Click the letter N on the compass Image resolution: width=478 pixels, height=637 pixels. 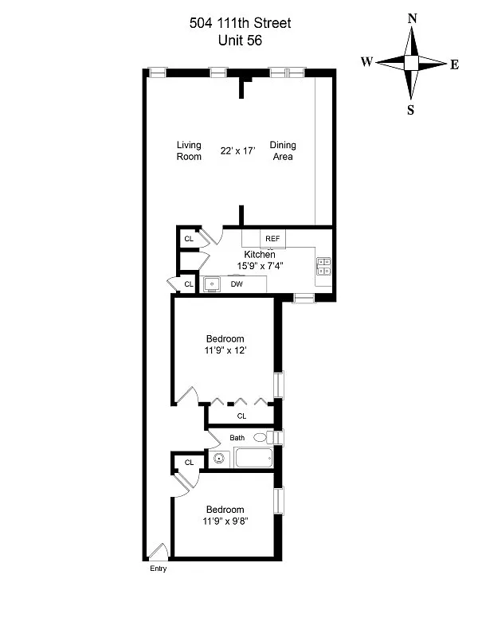pyautogui.click(x=412, y=18)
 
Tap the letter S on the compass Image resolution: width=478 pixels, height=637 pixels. pyautogui.click(x=410, y=110)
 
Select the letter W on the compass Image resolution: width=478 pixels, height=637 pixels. pyautogui.click(x=366, y=62)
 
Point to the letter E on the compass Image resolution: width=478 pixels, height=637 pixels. pyautogui.click(x=454, y=65)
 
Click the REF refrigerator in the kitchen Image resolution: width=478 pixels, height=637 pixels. pyautogui.click(x=272, y=239)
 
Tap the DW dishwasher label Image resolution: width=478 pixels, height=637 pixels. pyautogui.click(x=237, y=284)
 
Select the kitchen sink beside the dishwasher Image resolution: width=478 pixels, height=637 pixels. pyautogui.click(x=211, y=284)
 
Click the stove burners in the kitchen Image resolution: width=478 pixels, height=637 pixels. pyautogui.click(x=324, y=267)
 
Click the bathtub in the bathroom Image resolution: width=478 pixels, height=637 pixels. pyautogui.click(x=253, y=458)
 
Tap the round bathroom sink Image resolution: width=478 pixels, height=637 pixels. pyautogui.click(x=218, y=459)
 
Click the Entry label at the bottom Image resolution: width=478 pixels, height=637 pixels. pyautogui.click(x=158, y=569)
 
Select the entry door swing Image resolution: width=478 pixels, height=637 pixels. pyautogui.click(x=159, y=551)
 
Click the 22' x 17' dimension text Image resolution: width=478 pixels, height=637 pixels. pyautogui.click(x=237, y=150)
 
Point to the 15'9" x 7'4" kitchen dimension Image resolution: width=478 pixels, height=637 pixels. pyautogui.click(x=261, y=266)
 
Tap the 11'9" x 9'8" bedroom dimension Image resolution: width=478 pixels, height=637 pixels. pyautogui.click(x=225, y=522)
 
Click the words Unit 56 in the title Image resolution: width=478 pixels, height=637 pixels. pyautogui.click(x=241, y=41)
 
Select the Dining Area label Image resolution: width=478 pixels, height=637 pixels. pyautogui.click(x=283, y=150)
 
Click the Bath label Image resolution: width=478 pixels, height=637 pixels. pyautogui.click(x=237, y=438)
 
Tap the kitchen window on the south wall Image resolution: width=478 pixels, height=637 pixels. pyautogui.click(x=304, y=298)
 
